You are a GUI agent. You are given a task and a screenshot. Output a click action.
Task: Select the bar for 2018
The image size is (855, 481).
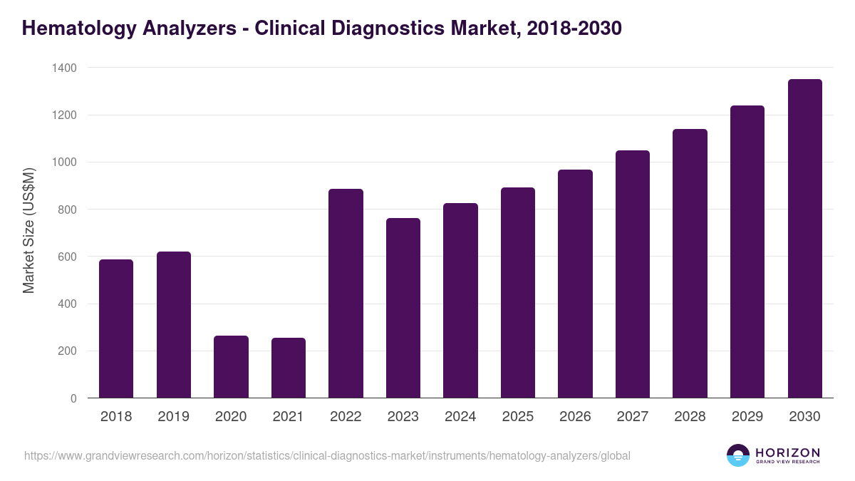(x=116, y=329)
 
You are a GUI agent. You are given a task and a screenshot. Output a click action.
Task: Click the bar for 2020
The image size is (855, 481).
(x=231, y=366)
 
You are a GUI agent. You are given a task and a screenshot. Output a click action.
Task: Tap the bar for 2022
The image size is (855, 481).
(x=346, y=293)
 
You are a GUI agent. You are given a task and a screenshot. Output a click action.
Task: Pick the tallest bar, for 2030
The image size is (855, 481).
(x=804, y=238)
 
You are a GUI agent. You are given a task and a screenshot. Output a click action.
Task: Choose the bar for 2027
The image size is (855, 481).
(x=633, y=274)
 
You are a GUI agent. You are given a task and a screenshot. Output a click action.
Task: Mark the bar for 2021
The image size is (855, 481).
(x=288, y=368)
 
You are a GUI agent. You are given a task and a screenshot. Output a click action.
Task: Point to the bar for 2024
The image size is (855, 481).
(x=460, y=300)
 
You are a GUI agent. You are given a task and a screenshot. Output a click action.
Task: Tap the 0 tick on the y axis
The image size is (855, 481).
(x=73, y=398)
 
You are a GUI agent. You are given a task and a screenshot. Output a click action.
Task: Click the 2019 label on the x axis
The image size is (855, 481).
(x=173, y=417)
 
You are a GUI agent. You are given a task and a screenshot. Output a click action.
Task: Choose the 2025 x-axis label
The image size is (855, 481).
(x=517, y=417)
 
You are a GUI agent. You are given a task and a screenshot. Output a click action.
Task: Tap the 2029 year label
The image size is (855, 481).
(x=747, y=417)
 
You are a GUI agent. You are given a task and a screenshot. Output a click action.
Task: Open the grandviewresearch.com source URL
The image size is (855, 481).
(x=327, y=455)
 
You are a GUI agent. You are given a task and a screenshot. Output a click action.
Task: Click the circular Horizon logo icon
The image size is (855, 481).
(x=737, y=455)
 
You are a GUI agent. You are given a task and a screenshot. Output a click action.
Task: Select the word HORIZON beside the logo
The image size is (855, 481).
(x=787, y=452)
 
